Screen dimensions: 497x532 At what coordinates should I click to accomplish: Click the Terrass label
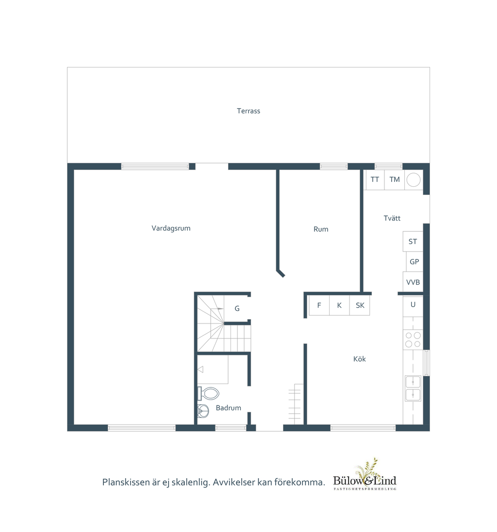pyautogui.click(x=248, y=111)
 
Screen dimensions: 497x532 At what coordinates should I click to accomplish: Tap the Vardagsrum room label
pyautogui.click(x=171, y=228)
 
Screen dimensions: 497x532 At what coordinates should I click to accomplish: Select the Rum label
pyautogui.click(x=321, y=229)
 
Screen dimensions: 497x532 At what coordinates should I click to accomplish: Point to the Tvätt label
pyautogui.click(x=392, y=218)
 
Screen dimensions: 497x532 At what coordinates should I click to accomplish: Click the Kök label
pyautogui.click(x=360, y=359)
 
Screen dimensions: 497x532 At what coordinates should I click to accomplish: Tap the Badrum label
pyautogui.click(x=229, y=408)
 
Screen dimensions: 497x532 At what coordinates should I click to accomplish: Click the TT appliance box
pyautogui.click(x=375, y=179)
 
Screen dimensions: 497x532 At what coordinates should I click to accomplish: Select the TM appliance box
pyautogui.click(x=395, y=179)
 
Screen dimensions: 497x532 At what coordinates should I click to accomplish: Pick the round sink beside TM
pyautogui.click(x=414, y=179)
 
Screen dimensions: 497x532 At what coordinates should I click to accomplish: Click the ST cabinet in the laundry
pyautogui.click(x=413, y=242)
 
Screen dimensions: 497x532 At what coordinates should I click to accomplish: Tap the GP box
pyautogui.click(x=414, y=261)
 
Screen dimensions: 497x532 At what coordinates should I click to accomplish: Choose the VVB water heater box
pyautogui.click(x=413, y=282)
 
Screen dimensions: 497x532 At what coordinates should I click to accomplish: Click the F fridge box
pyautogui.click(x=319, y=306)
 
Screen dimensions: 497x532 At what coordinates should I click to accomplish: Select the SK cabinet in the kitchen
pyautogui.click(x=360, y=306)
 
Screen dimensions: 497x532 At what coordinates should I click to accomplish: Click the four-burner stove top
pyautogui.click(x=413, y=339)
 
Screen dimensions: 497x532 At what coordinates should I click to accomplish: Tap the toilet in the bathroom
pyautogui.click(x=208, y=394)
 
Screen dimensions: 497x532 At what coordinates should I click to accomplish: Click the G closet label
pyautogui.click(x=237, y=308)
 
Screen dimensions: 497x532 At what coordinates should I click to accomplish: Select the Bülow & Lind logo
pyautogui.click(x=364, y=474)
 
